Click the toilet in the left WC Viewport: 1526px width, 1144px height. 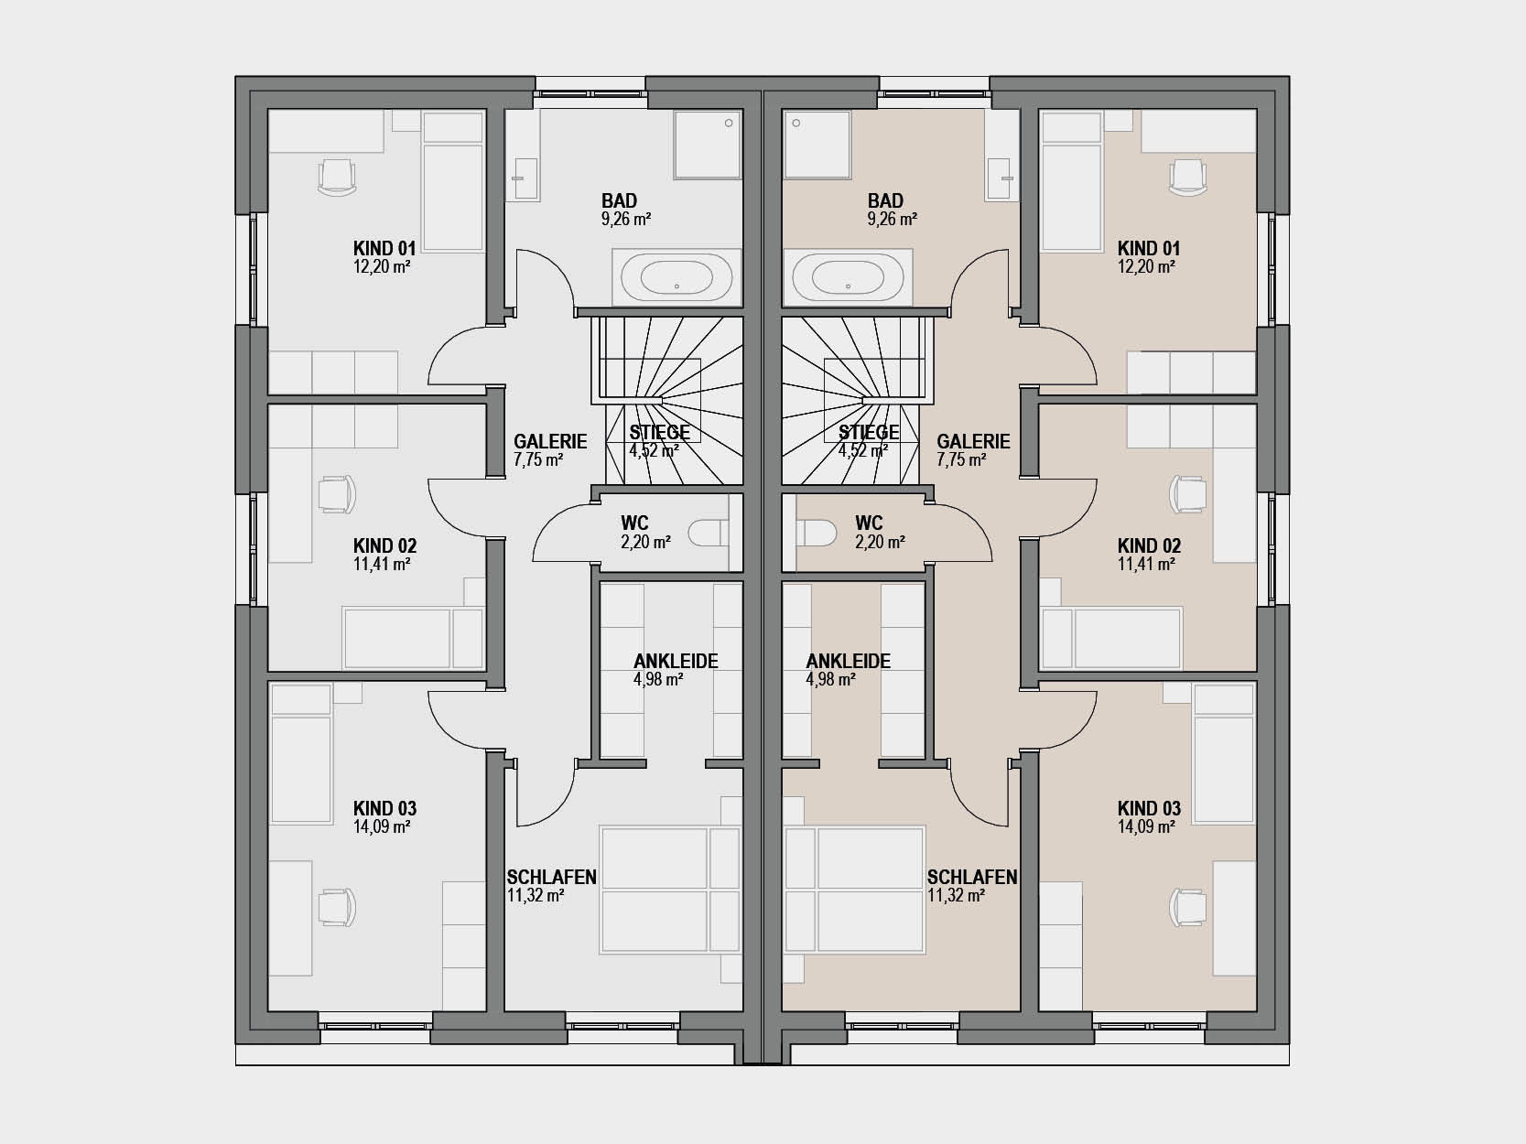click(709, 533)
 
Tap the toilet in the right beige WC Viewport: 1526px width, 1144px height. click(817, 533)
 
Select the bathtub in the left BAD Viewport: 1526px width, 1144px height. click(676, 277)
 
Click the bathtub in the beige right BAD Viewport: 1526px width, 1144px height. click(849, 277)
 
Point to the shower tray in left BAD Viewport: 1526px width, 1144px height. click(707, 146)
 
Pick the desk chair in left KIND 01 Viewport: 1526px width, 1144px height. click(337, 178)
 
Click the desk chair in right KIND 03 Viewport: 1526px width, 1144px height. click(1188, 907)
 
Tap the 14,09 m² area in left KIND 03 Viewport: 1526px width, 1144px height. click(382, 826)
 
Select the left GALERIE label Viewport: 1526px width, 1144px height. click(550, 441)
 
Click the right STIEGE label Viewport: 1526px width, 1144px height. click(869, 432)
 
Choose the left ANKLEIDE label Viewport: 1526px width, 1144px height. click(676, 661)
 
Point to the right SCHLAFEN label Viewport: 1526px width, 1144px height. click(972, 877)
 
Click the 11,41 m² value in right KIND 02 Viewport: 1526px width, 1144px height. click(1146, 564)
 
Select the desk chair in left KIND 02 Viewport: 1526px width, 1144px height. click(337, 494)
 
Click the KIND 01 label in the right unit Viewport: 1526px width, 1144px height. click(1149, 248)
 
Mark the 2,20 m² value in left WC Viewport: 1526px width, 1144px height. click(646, 542)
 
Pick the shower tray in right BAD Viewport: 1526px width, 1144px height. click(817, 146)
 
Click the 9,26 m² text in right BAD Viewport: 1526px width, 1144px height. click(892, 219)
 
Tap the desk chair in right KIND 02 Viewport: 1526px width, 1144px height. click(1188, 494)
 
